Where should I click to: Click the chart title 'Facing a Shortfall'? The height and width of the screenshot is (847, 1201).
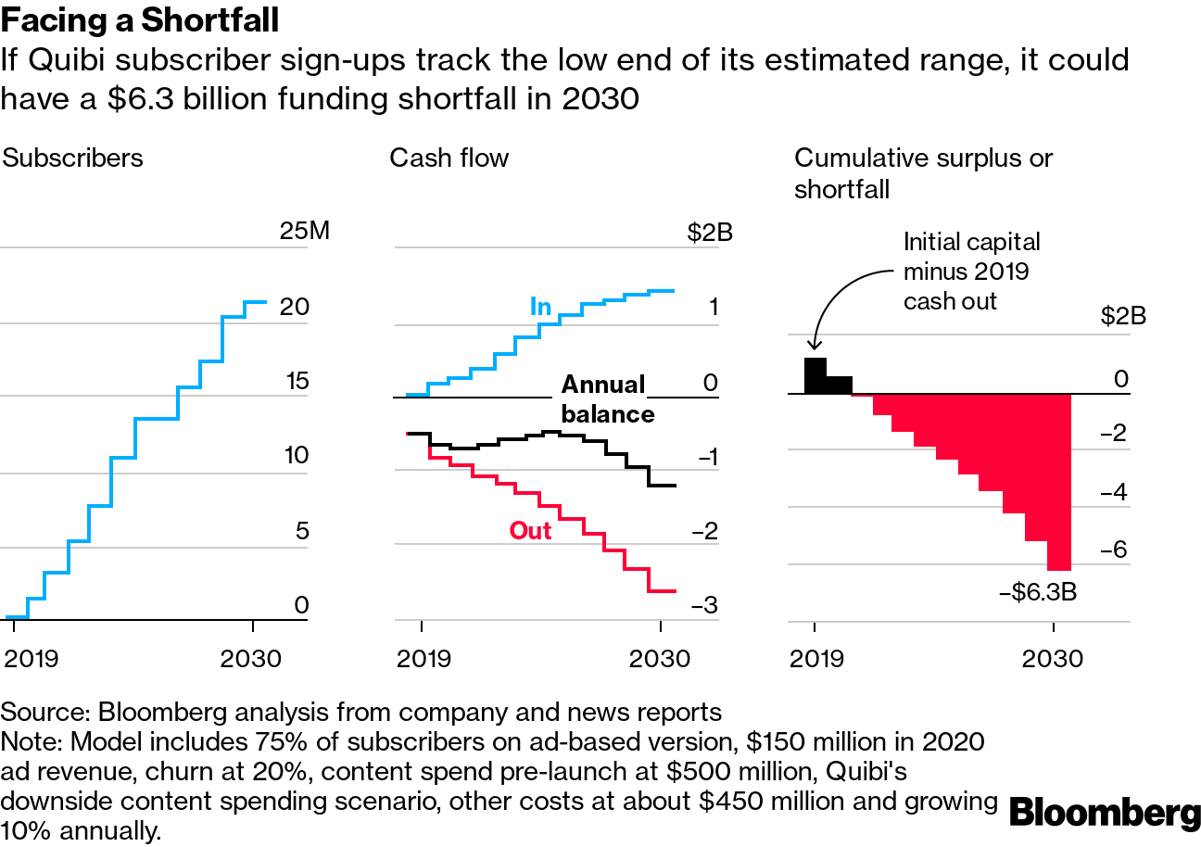pyautogui.click(x=140, y=19)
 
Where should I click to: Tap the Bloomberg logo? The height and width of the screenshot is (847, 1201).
pyautogui.click(x=1105, y=813)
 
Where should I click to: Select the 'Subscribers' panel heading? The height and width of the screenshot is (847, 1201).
pyautogui.click(x=72, y=158)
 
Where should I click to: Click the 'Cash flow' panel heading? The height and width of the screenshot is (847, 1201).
pyautogui.click(x=449, y=158)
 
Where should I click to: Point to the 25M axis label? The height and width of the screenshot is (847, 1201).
pyautogui.click(x=304, y=231)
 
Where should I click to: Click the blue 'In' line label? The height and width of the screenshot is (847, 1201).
pyautogui.click(x=540, y=306)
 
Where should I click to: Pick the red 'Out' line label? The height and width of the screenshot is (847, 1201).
pyautogui.click(x=530, y=531)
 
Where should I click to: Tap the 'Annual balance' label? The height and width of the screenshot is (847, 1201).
pyautogui.click(x=607, y=398)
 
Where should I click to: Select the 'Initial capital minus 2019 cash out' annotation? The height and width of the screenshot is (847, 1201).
pyautogui.click(x=971, y=271)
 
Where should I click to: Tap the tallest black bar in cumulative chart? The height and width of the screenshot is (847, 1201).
pyautogui.click(x=815, y=375)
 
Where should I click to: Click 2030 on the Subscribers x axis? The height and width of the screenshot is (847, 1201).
pyautogui.click(x=250, y=658)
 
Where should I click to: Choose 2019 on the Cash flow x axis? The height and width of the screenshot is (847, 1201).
pyautogui.click(x=424, y=658)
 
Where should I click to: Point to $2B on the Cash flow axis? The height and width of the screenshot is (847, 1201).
pyautogui.click(x=709, y=232)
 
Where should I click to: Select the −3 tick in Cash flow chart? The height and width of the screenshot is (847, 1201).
pyautogui.click(x=704, y=606)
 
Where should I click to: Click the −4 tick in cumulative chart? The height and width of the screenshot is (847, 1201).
pyautogui.click(x=1112, y=492)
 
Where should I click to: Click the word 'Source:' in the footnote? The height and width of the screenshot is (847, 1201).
pyautogui.click(x=44, y=712)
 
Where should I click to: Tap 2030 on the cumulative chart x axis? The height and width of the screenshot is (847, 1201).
pyautogui.click(x=1053, y=658)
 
